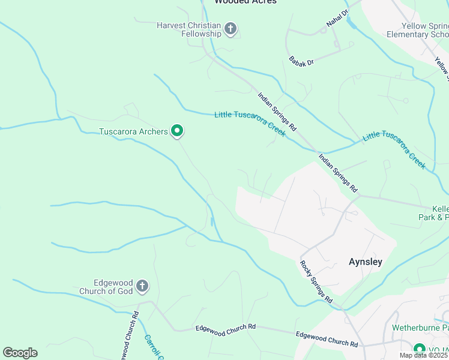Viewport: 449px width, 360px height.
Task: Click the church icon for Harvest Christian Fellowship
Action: tap(231, 28)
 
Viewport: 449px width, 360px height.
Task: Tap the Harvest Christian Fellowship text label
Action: tap(189, 29)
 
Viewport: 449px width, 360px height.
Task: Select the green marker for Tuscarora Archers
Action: tap(177, 130)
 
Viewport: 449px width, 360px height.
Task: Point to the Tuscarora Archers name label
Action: tap(133, 131)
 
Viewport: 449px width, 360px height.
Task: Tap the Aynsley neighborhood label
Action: tap(366, 262)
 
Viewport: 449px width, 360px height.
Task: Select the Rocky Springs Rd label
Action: tap(316, 281)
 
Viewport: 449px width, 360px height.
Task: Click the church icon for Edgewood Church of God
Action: tap(142, 286)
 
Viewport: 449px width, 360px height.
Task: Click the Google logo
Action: tap(20, 353)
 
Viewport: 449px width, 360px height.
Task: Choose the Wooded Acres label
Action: tap(246, 2)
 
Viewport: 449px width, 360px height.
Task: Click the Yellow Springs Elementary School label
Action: tap(426, 30)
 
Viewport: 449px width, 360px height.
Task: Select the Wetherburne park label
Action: tap(420, 328)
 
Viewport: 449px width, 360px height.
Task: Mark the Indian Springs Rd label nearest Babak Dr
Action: tap(277, 112)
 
